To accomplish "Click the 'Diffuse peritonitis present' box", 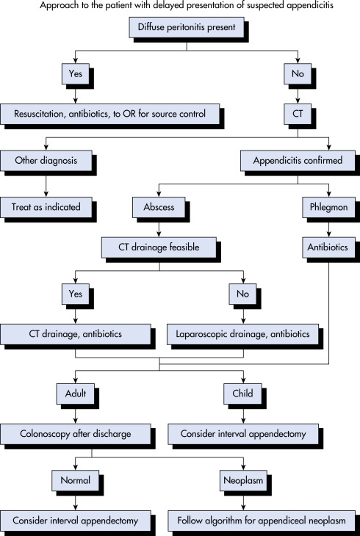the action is click(187, 27).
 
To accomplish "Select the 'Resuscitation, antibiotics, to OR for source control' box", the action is click(110, 114).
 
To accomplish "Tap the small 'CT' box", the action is click(298, 114).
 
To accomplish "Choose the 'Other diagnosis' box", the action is click(46, 161).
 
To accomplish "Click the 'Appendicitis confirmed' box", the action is click(298, 161).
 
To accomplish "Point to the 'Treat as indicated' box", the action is click(46, 207).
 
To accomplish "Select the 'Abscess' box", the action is click(159, 207).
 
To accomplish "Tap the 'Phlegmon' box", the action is click(329, 207).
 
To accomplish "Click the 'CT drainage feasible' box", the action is click(159, 247).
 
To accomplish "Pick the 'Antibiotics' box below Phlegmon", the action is click(329, 247).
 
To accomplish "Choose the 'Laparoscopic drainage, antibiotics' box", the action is click(242, 334).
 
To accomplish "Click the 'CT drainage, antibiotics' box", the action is click(76, 334).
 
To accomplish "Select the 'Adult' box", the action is click(76, 394).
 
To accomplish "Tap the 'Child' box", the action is click(242, 394).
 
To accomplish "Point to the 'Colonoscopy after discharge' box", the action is click(76, 434).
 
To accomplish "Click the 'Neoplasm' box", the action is click(243, 481).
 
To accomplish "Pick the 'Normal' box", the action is click(75, 481).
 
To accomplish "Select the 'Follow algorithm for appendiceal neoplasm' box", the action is click(262, 521).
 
